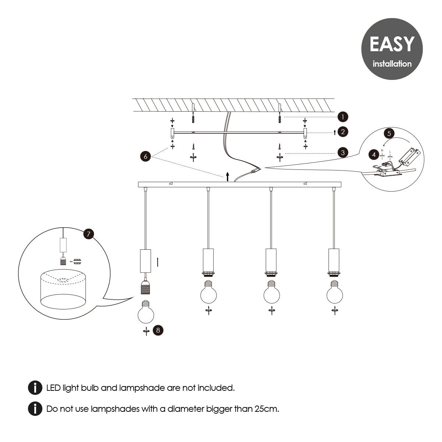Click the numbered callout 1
point(343,117)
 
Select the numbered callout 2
point(343,132)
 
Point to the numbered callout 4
point(374,155)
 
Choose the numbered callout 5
point(389,133)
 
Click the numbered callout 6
point(145,156)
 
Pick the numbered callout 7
point(88,234)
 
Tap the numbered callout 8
point(158,330)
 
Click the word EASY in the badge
point(392,44)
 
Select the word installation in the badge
point(392,64)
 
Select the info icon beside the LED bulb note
point(35,388)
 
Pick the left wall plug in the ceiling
point(193,119)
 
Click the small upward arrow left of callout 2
point(334,132)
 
